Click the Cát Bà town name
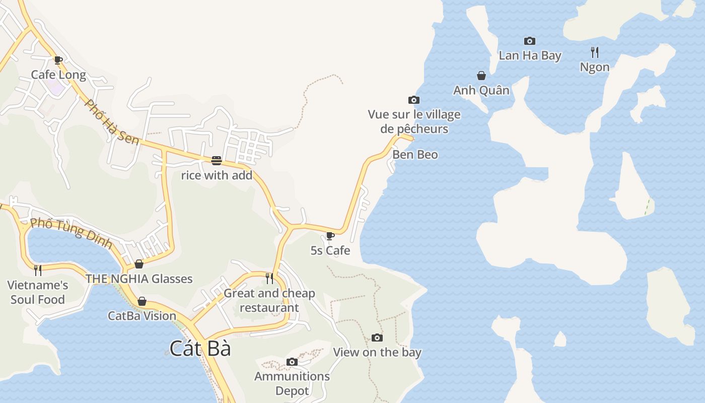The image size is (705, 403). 200,349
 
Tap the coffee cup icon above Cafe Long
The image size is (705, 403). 58,60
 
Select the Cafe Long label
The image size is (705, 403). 58,75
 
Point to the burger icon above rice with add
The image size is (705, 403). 217,161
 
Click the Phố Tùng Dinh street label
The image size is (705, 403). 71,232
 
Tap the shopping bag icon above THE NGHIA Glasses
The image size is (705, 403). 139,264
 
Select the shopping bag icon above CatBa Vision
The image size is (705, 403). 142,301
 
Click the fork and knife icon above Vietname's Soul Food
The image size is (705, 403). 38,271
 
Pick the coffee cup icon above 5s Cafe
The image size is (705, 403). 330,236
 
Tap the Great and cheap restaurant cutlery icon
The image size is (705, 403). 269,278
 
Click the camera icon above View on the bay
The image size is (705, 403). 377,338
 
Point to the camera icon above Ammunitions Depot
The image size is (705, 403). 292,362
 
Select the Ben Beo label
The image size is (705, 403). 415,155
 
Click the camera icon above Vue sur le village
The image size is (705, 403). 414,100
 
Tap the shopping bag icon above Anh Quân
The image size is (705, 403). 481,76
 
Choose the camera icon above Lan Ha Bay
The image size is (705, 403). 530,41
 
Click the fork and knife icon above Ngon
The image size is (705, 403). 595,52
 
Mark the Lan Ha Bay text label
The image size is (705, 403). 530,55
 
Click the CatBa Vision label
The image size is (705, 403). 142,316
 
